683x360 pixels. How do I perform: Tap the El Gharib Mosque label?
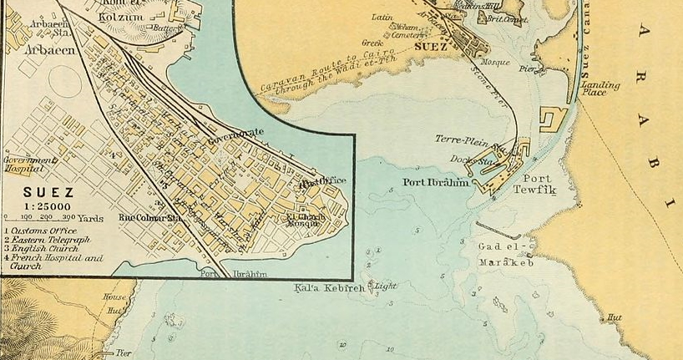tap(303, 219)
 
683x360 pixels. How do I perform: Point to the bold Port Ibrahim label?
tap(434, 183)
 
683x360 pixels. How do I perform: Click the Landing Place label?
tap(600, 89)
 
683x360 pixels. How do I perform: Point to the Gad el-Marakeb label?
tap(505, 255)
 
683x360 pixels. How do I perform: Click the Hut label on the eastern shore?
tap(615, 317)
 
